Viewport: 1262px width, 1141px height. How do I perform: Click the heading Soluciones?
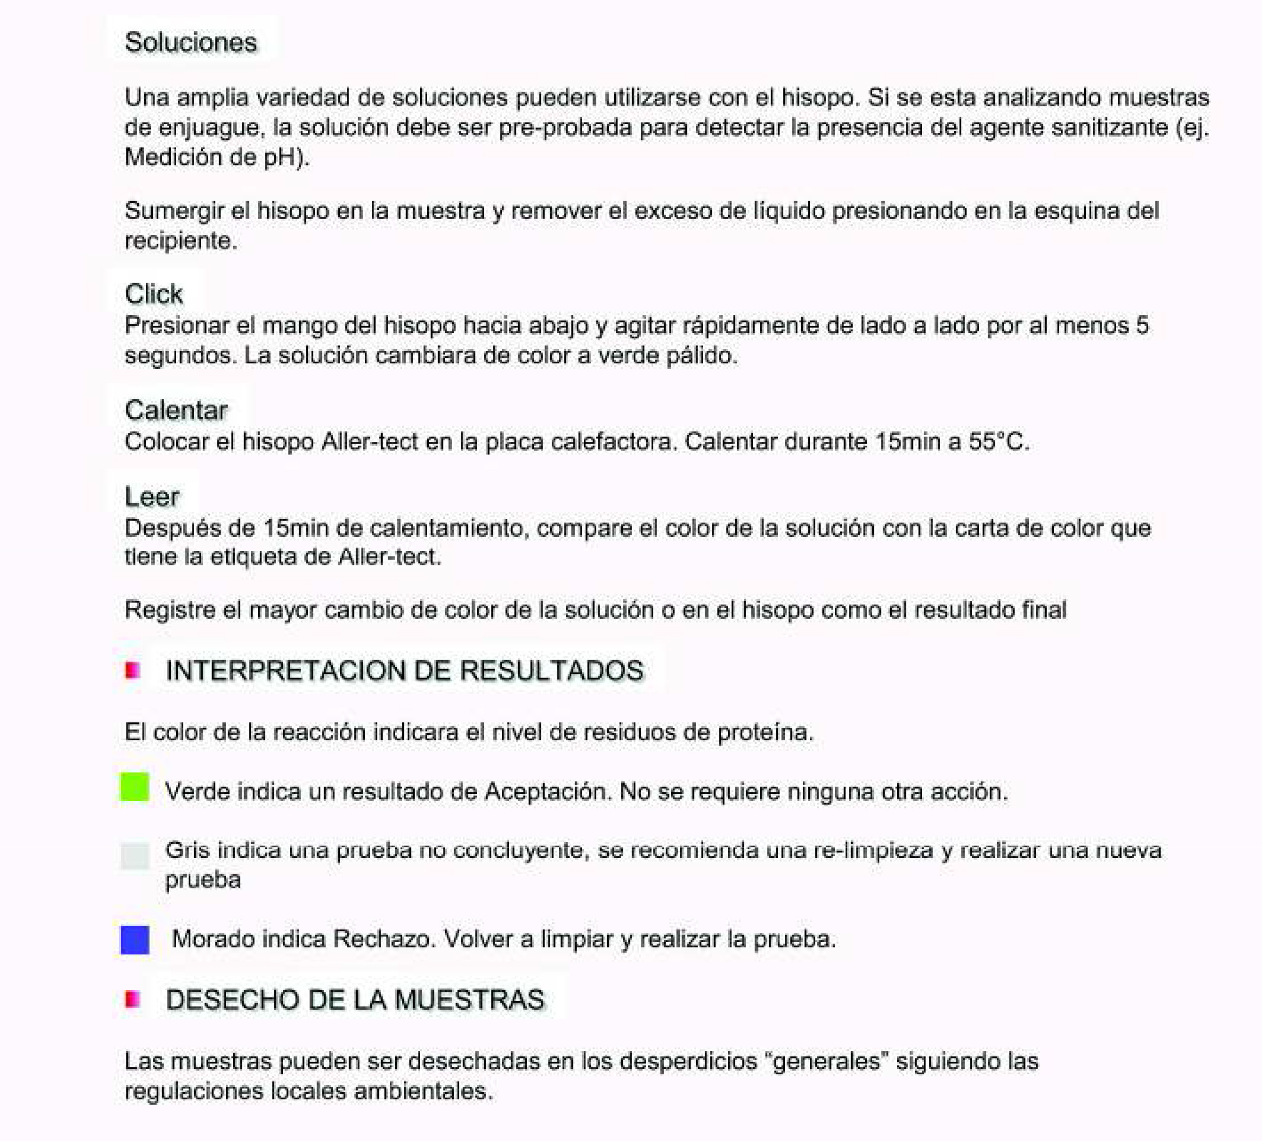(x=190, y=43)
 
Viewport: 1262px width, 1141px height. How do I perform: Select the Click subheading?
(x=153, y=294)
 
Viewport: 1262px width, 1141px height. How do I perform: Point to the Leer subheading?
(x=152, y=497)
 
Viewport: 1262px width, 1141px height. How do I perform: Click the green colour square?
(x=134, y=786)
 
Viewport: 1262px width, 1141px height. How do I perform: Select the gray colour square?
(x=134, y=855)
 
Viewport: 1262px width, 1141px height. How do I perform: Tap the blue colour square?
(x=134, y=939)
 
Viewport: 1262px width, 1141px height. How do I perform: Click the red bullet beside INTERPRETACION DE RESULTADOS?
(x=132, y=671)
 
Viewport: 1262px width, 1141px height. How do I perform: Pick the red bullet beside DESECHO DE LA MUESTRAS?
(x=132, y=999)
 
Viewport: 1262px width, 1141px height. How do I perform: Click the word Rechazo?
(x=384, y=939)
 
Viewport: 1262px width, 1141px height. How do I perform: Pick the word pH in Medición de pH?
(x=279, y=157)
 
